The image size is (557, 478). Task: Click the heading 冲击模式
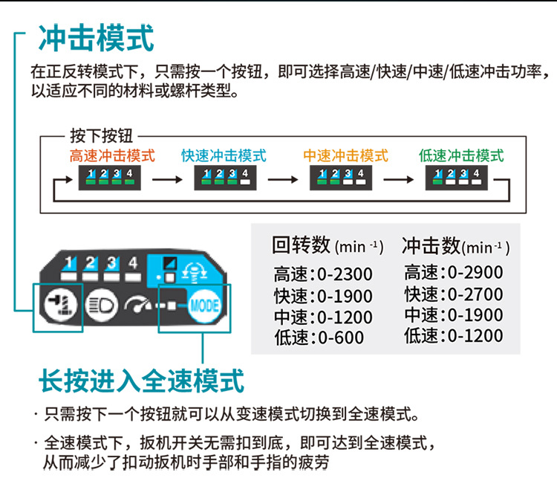(96, 38)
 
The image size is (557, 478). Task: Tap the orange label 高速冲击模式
(112, 156)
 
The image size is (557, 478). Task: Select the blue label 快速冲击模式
(224, 156)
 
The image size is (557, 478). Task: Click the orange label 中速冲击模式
(345, 156)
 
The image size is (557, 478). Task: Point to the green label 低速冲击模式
(461, 156)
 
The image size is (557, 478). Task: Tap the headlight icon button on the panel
(98, 305)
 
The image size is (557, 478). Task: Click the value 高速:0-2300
(322, 274)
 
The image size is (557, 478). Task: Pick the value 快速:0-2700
(453, 294)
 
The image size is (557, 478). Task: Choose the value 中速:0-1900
(453, 315)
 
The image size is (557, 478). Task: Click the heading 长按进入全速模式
(141, 382)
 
